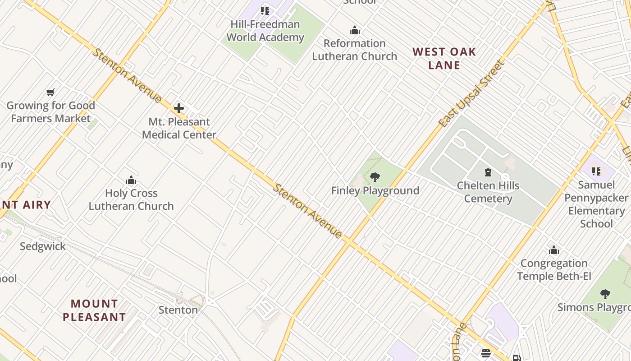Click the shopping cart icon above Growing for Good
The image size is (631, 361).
(50, 93)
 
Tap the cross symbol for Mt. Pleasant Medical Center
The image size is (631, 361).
(179, 108)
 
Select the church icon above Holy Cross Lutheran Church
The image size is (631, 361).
(131, 180)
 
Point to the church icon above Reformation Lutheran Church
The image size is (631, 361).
(355, 31)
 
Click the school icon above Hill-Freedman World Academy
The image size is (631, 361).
(265, 11)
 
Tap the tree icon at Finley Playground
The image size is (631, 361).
(375, 177)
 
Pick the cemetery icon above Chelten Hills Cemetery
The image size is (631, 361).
(488, 172)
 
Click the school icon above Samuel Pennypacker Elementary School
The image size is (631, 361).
(596, 171)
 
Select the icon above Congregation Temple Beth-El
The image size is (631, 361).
(554, 250)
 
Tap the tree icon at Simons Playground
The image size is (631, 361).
(605, 294)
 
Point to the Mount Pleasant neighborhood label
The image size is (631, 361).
(94, 310)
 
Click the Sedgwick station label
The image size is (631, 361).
(43, 246)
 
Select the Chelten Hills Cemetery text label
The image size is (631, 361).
(488, 192)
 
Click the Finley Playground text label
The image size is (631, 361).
(375, 190)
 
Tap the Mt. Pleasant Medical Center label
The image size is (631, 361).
(179, 128)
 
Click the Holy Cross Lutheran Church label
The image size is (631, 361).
(131, 199)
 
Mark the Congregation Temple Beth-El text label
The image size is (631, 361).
(554, 269)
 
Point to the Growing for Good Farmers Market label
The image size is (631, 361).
(51, 112)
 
